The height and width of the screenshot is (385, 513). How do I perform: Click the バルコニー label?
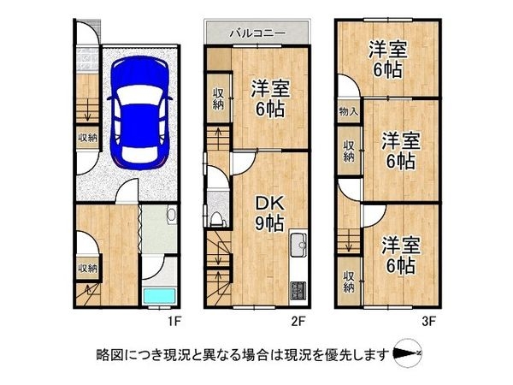tap(256, 33)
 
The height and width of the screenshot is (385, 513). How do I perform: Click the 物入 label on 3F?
tap(348, 111)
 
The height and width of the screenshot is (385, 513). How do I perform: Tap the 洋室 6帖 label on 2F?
tap(267, 98)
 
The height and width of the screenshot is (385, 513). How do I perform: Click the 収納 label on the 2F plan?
tap(217, 101)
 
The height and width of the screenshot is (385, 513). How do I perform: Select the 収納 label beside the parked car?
tap(87, 137)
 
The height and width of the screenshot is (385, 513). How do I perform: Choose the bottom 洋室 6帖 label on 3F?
tap(400, 255)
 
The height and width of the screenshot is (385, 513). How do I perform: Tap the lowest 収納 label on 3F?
tap(349, 281)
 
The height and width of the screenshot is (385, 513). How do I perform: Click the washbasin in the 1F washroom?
tap(170, 215)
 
